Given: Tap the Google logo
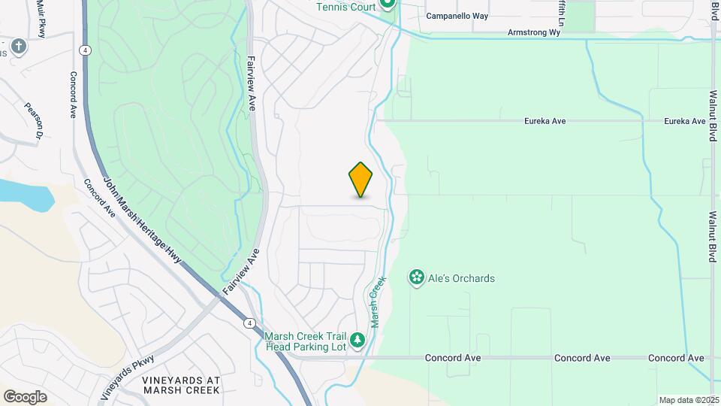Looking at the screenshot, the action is pyautogui.click(x=25, y=396).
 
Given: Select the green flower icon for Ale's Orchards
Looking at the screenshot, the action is pyautogui.click(x=416, y=278).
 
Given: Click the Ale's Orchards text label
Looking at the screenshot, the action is pyautogui.click(x=462, y=278).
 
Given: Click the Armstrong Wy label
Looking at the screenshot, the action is pyautogui.click(x=534, y=32).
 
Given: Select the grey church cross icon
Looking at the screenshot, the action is pyautogui.click(x=19, y=47).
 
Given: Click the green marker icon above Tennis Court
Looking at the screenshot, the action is pyautogui.click(x=388, y=4).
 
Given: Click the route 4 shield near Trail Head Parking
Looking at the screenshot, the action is pyautogui.click(x=248, y=323).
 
